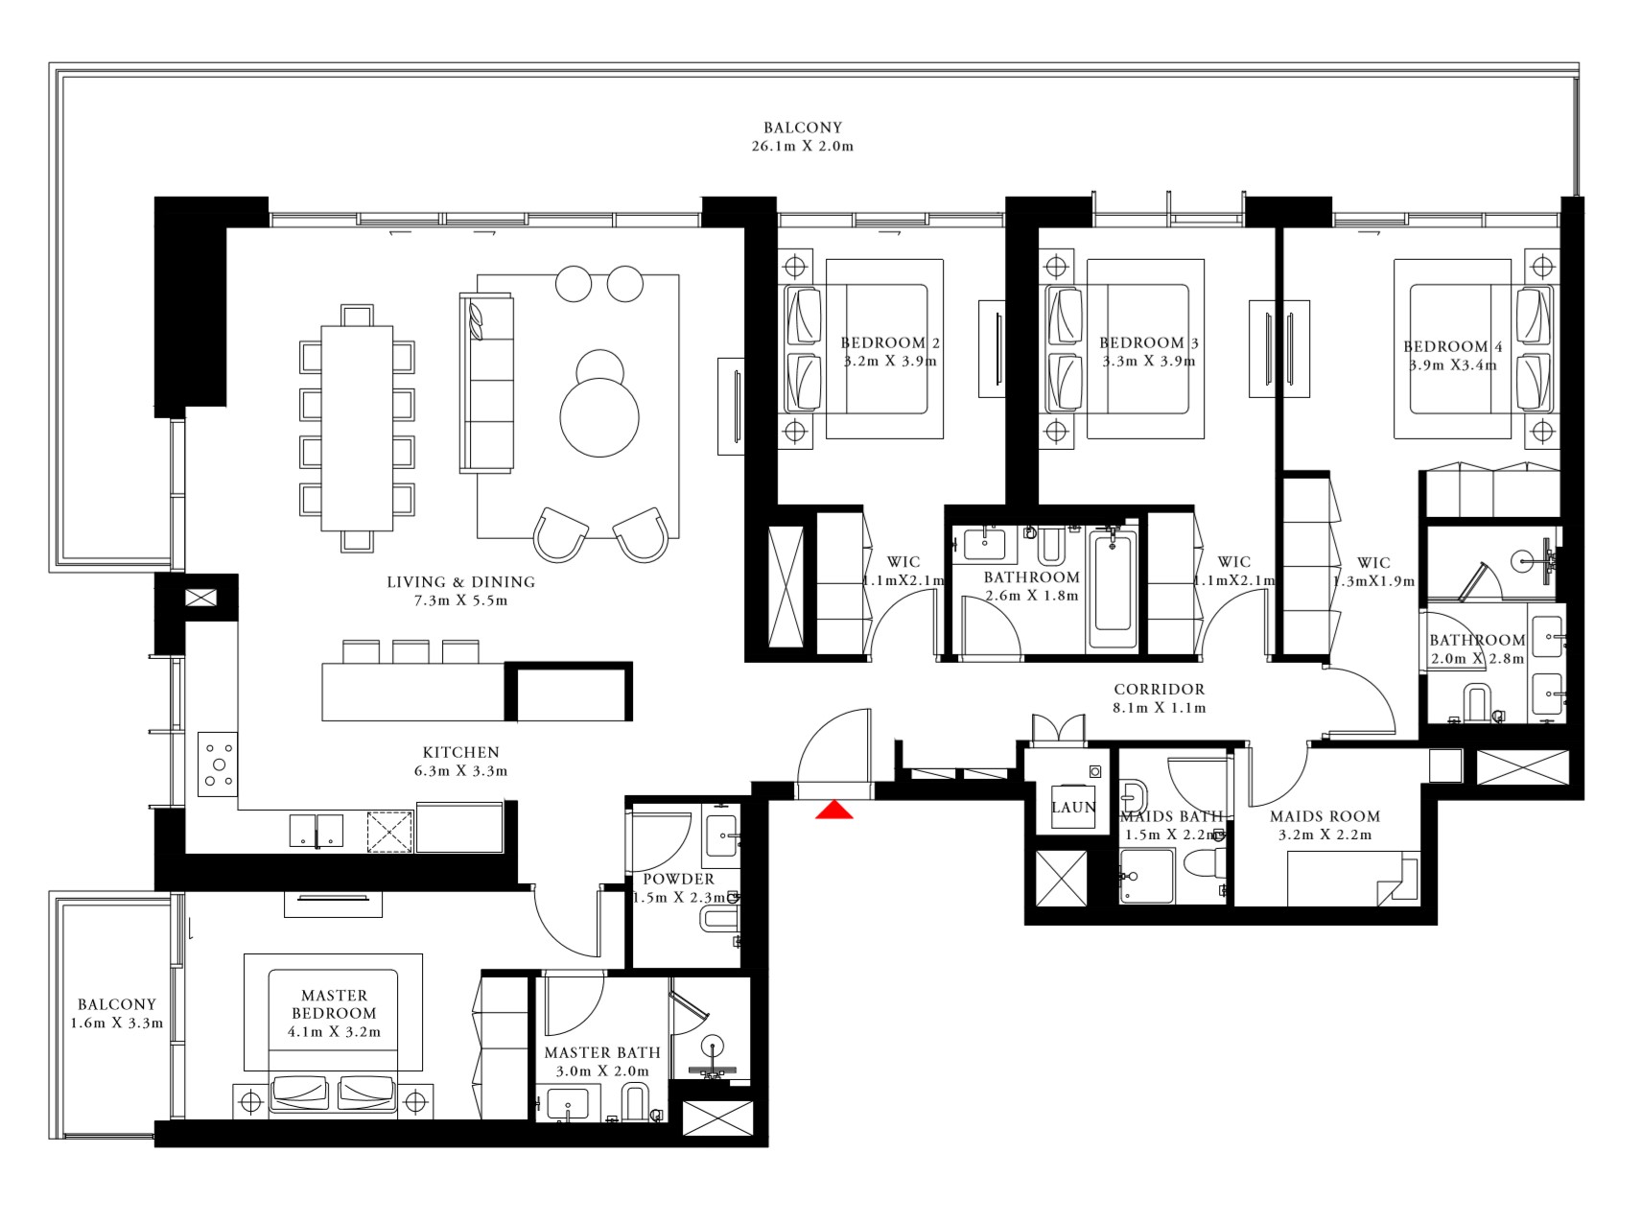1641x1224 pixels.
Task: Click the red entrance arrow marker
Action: point(834,811)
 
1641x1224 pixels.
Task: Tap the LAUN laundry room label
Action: point(1073,808)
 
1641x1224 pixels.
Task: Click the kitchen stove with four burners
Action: point(219,765)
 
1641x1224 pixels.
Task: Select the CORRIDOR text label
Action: point(1159,689)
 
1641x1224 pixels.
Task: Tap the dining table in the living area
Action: point(357,428)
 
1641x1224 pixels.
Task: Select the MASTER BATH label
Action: point(601,1052)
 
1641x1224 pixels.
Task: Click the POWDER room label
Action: point(678,879)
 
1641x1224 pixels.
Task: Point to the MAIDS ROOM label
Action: point(1325,816)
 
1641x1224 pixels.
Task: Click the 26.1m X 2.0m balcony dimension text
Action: point(803,147)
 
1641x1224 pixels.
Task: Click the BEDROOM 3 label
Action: point(1149,342)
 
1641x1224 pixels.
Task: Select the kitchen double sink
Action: point(316,832)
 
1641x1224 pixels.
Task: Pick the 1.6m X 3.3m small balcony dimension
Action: point(117,1024)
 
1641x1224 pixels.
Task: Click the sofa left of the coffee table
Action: point(486,382)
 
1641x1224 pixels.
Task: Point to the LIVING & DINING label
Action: point(460,581)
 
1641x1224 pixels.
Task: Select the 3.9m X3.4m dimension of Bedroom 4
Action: point(1452,365)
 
